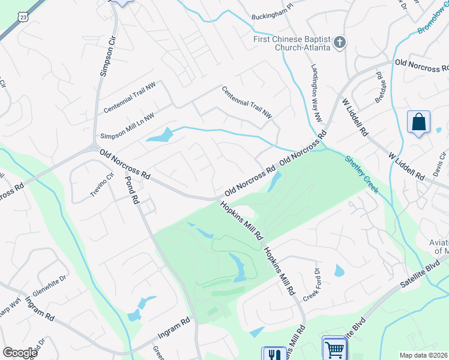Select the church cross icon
point(340,42)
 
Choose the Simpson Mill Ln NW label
point(128,125)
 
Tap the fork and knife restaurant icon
point(273,355)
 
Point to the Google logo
point(20,352)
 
